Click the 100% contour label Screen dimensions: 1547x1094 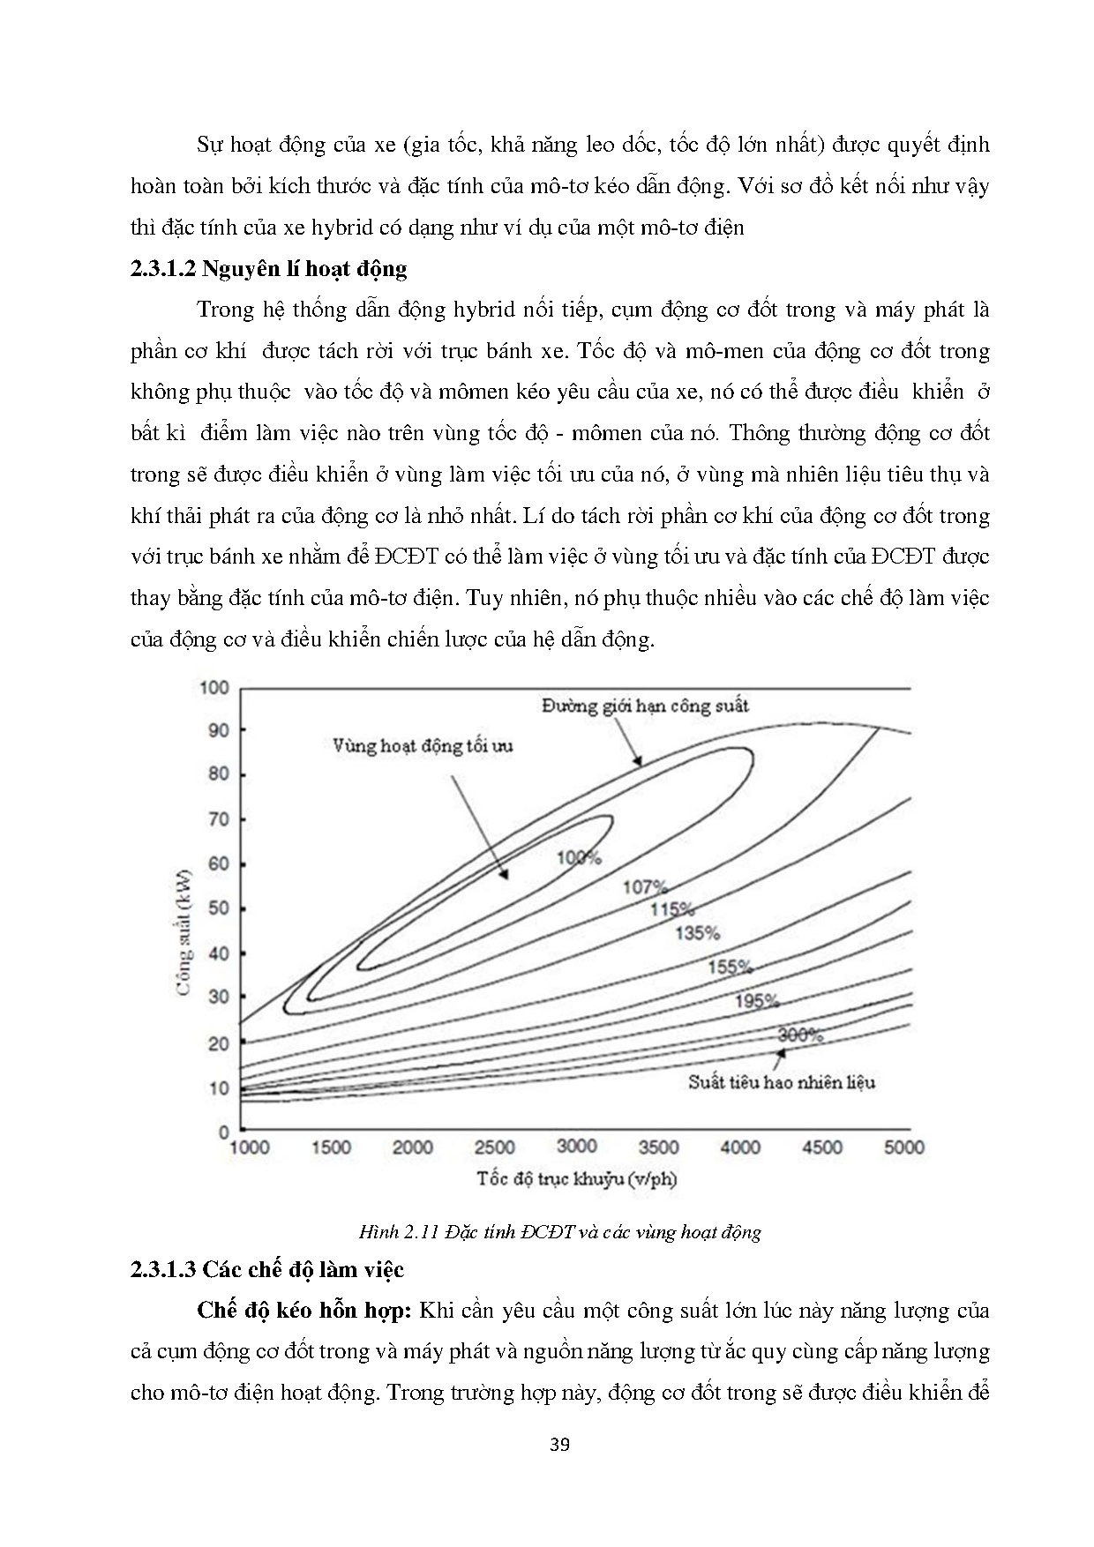coord(579,856)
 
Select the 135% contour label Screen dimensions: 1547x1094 coord(697,932)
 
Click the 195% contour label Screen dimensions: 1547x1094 coord(757,1001)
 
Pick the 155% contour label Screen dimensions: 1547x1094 coord(730,967)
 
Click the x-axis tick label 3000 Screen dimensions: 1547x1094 coord(577,1146)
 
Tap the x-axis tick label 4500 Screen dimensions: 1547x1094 coord(821,1147)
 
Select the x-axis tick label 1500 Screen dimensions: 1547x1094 coord(332,1147)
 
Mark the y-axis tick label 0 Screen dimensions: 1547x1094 coord(224,1132)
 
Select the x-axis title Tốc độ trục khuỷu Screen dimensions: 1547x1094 coord(577,1178)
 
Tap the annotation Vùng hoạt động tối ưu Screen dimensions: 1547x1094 coord(423,745)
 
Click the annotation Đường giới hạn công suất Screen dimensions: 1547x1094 coord(645,706)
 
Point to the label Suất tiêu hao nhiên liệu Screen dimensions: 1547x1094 coord(782,1081)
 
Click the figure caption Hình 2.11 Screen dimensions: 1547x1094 coord(559,1232)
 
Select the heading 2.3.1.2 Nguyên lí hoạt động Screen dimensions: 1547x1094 coord(268,269)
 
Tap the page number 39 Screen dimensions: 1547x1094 coord(559,1445)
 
